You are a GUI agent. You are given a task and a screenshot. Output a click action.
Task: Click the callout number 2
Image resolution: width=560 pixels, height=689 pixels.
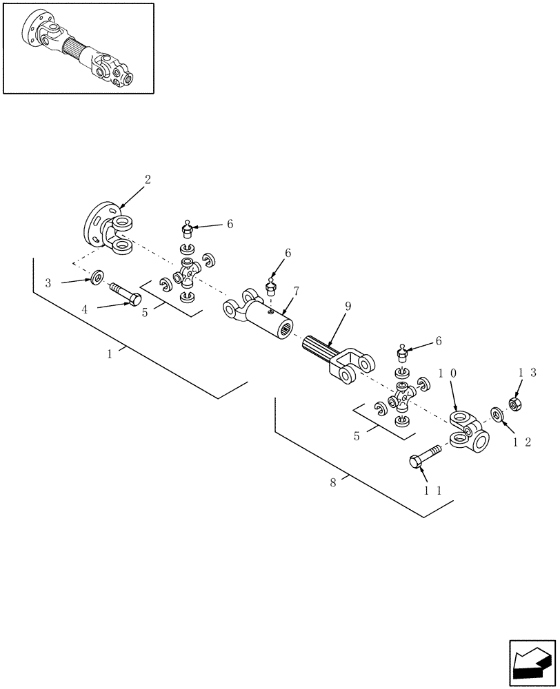147,179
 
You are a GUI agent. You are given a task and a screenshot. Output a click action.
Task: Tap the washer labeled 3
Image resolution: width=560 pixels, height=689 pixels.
98,278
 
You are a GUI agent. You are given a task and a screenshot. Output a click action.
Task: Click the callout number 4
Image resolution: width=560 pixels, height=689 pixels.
85,310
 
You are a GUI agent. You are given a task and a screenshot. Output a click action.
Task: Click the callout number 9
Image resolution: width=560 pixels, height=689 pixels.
348,306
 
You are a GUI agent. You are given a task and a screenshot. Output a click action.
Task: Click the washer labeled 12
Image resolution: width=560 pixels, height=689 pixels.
497,414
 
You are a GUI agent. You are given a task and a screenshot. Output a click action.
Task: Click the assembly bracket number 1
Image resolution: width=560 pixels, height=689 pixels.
109,353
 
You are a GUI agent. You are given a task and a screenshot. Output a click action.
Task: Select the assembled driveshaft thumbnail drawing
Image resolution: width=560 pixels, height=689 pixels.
78,48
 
